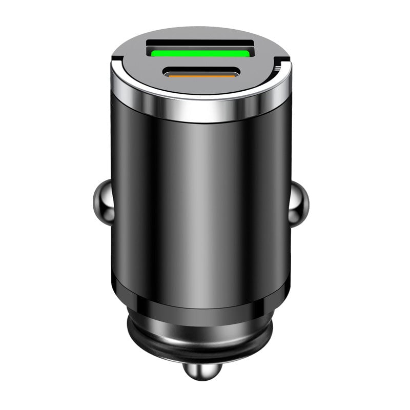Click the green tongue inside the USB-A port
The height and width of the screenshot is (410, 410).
click(x=200, y=52)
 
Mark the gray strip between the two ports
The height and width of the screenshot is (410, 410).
click(x=200, y=63)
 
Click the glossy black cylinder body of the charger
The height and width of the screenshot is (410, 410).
click(x=200, y=205)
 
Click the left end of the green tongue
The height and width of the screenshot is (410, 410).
click(x=154, y=52)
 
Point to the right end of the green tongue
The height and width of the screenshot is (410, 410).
click(x=247, y=52)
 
